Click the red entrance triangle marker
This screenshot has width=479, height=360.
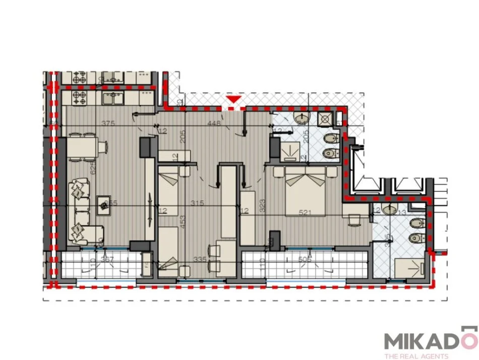point(233,101)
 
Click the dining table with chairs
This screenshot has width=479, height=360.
point(82,147)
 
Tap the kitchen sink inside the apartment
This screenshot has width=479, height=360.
point(114,99)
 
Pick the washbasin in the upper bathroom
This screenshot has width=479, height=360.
point(302,118)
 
